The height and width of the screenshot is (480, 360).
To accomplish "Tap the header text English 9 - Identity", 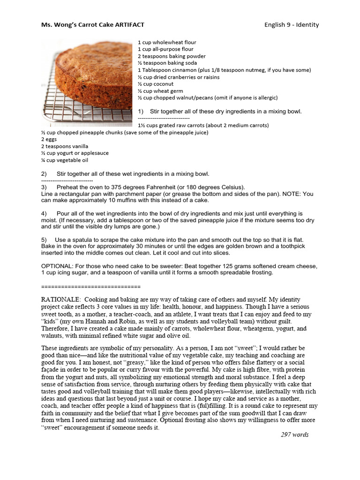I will point(291,25).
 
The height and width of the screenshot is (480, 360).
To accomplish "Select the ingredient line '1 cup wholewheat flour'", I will point(167,42).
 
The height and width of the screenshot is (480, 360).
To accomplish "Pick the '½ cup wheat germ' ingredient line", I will point(160,91).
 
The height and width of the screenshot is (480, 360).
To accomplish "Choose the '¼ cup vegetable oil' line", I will point(65,160).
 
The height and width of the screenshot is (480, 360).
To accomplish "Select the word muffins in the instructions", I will point(117,200).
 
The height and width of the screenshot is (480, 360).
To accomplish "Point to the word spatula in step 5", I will point(79,240).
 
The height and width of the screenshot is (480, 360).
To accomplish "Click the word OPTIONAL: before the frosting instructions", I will point(59,266).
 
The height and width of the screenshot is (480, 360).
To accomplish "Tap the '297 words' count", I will point(294,435).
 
